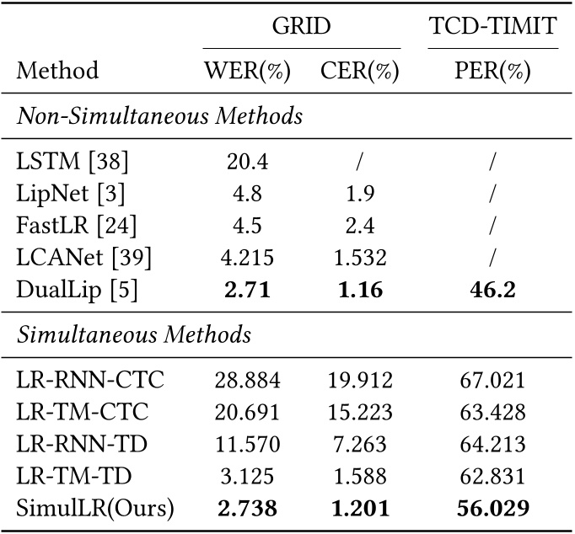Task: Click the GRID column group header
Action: click(x=301, y=27)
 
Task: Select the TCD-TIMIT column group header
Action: click(x=492, y=27)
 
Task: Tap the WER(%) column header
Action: click(x=247, y=70)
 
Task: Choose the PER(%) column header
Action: click(x=492, y=70)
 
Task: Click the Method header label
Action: click(x=57, y=70)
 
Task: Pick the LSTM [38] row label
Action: click(x=72, y=161)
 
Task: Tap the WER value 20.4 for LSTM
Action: click(x=247, y=161)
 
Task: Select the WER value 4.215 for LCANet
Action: click(x=247, y=259)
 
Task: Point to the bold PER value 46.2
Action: click(x=492, y=291)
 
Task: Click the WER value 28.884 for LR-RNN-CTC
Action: click(x=247, y=380)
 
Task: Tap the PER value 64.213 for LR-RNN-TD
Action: click(x=492, y=445)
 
